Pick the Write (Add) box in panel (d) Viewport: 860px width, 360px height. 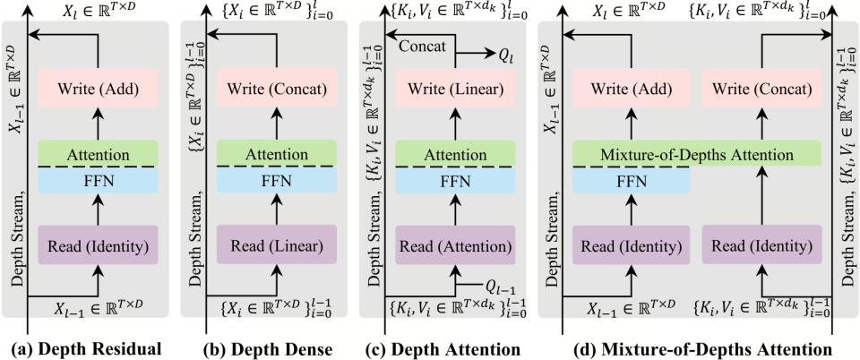coord(631,90)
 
